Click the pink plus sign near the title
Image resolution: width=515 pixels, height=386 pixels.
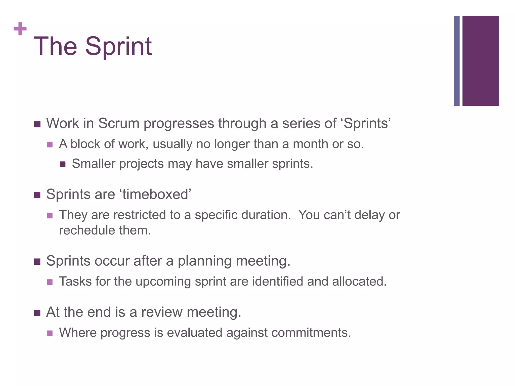tap(20, 29)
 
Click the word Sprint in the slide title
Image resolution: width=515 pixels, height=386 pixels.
tap(118, 47)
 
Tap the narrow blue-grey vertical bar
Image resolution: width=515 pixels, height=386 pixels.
tap(457, 61)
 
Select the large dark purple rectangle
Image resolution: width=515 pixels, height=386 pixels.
tap(480, 61)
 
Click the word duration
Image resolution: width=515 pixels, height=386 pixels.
tap(266, 215)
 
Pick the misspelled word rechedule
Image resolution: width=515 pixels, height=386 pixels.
tap(87, 230)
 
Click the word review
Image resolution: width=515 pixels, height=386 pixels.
tap(162, 312)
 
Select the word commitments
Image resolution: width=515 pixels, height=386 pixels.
tap(311, 332)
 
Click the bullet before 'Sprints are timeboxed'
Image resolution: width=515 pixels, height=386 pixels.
tap(37, 195)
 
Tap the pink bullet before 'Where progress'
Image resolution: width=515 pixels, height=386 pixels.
tap(50, 333)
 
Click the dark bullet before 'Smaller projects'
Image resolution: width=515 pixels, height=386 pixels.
tap(63, 165)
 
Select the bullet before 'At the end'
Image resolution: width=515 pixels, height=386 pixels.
tap(37, 313)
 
